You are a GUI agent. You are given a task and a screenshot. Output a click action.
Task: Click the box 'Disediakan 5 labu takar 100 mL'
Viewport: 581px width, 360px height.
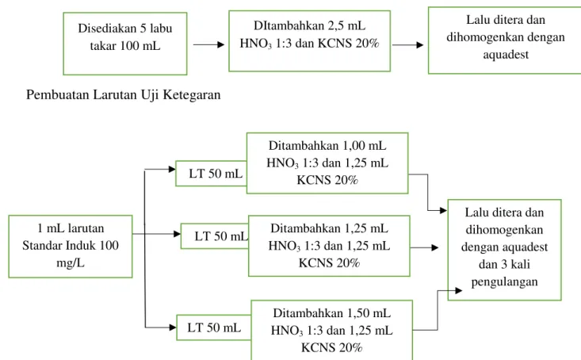click(x=125, y=44)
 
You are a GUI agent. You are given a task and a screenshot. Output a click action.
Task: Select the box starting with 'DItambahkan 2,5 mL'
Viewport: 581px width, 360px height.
click(x=309, y=40)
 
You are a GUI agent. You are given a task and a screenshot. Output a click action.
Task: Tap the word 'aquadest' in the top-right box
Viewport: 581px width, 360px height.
click(x=506, y=55)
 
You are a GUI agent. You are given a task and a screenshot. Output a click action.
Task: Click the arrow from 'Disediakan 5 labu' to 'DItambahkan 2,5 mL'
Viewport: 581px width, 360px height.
click(x=208, y=45)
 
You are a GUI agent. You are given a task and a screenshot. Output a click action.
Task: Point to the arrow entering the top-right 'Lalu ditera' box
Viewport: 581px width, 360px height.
click(x=407, y=45)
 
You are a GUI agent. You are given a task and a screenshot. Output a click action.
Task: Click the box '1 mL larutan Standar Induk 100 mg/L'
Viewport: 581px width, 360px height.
click(x=71, y=246)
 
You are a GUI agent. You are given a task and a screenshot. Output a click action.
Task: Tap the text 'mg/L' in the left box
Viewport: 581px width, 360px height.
click(x=71, y=262)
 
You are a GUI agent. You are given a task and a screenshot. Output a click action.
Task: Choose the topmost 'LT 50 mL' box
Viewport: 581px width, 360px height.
click(x=211, y=173)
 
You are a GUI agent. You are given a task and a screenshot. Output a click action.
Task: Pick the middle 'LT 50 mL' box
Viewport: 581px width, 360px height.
click(x=215, y=236)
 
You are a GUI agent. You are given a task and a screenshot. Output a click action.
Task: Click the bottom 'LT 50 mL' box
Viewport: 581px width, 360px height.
click(x=214, y=327)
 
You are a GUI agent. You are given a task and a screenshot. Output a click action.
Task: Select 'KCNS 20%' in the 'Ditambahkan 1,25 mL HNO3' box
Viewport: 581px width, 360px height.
click(x=329, y=262)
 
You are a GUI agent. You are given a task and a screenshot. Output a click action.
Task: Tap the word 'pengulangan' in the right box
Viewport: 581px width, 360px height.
click(x=504, y=281)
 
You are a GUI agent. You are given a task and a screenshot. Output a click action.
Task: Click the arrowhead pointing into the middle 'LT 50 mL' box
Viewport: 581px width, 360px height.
click(x=177, y=234)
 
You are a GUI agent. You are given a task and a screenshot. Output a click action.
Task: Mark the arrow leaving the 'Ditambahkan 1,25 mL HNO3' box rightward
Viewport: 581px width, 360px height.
click(x=424, y=247)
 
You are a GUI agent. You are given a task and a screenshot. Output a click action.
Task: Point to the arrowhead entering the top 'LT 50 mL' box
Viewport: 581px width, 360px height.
click(x=172, y=169)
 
